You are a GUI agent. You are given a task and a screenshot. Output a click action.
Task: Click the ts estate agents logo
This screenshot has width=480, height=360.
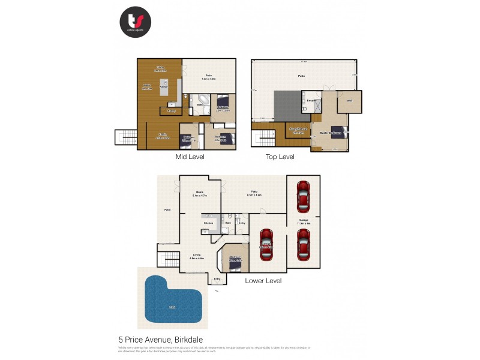point(135,22)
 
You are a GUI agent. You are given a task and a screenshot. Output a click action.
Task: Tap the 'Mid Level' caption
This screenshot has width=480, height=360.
point(190,157)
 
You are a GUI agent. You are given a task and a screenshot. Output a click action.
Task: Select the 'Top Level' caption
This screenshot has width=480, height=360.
point(280,157)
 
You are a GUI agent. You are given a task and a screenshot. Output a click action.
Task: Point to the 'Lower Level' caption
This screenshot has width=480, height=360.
point(263,280)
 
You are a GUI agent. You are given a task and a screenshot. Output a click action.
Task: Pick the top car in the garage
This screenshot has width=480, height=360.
point(304,197)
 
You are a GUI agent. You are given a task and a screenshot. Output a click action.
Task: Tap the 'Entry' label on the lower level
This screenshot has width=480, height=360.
point(217,279)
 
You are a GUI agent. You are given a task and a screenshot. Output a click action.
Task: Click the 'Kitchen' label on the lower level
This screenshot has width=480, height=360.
point(209,223)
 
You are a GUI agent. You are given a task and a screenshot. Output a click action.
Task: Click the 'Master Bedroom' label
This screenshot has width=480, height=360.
point(331,132)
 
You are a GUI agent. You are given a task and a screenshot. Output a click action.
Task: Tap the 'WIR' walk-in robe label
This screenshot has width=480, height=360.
point(349,101)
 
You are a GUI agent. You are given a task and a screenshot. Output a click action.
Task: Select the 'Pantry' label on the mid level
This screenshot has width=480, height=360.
point(171,110)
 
